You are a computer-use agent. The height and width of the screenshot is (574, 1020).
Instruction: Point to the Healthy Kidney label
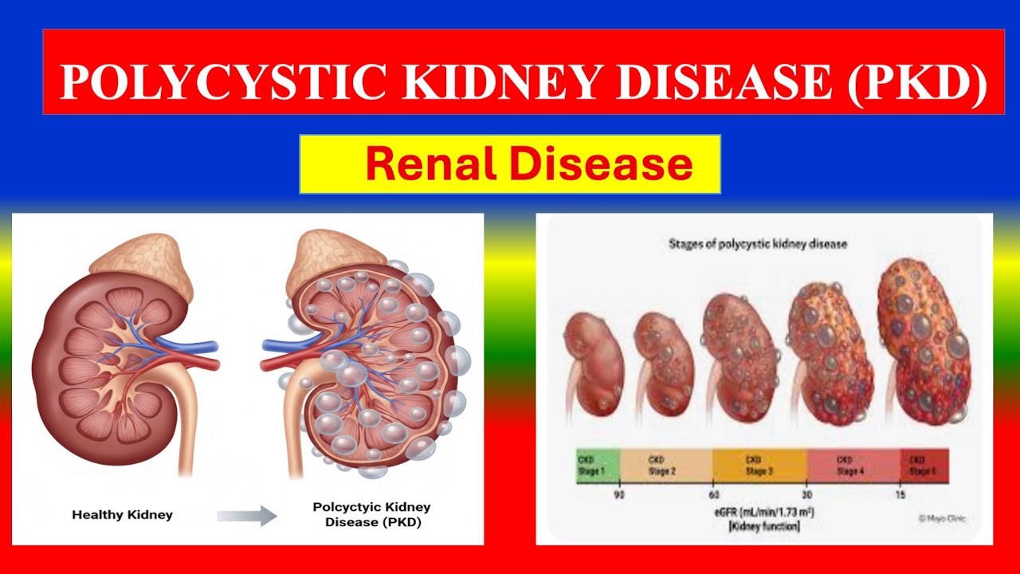coord(121,515)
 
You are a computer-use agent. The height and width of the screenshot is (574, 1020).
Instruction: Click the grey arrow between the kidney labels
coord(247,516)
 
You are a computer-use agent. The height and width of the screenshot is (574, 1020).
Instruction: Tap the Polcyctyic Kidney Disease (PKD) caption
coord(371,515)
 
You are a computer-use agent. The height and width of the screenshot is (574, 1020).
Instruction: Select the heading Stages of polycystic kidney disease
coord(757,244)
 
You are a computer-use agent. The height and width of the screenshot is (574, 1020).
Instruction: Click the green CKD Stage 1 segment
coord(598,466)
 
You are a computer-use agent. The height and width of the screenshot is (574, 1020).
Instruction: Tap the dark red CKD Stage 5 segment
coord(924,466)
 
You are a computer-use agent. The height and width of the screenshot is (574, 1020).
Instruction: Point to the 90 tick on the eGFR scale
coord(618,493)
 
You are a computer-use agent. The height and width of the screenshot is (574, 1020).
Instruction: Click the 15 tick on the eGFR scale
coord(900,493)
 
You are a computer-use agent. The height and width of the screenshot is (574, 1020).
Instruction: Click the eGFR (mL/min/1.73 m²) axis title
coord(759,511)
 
